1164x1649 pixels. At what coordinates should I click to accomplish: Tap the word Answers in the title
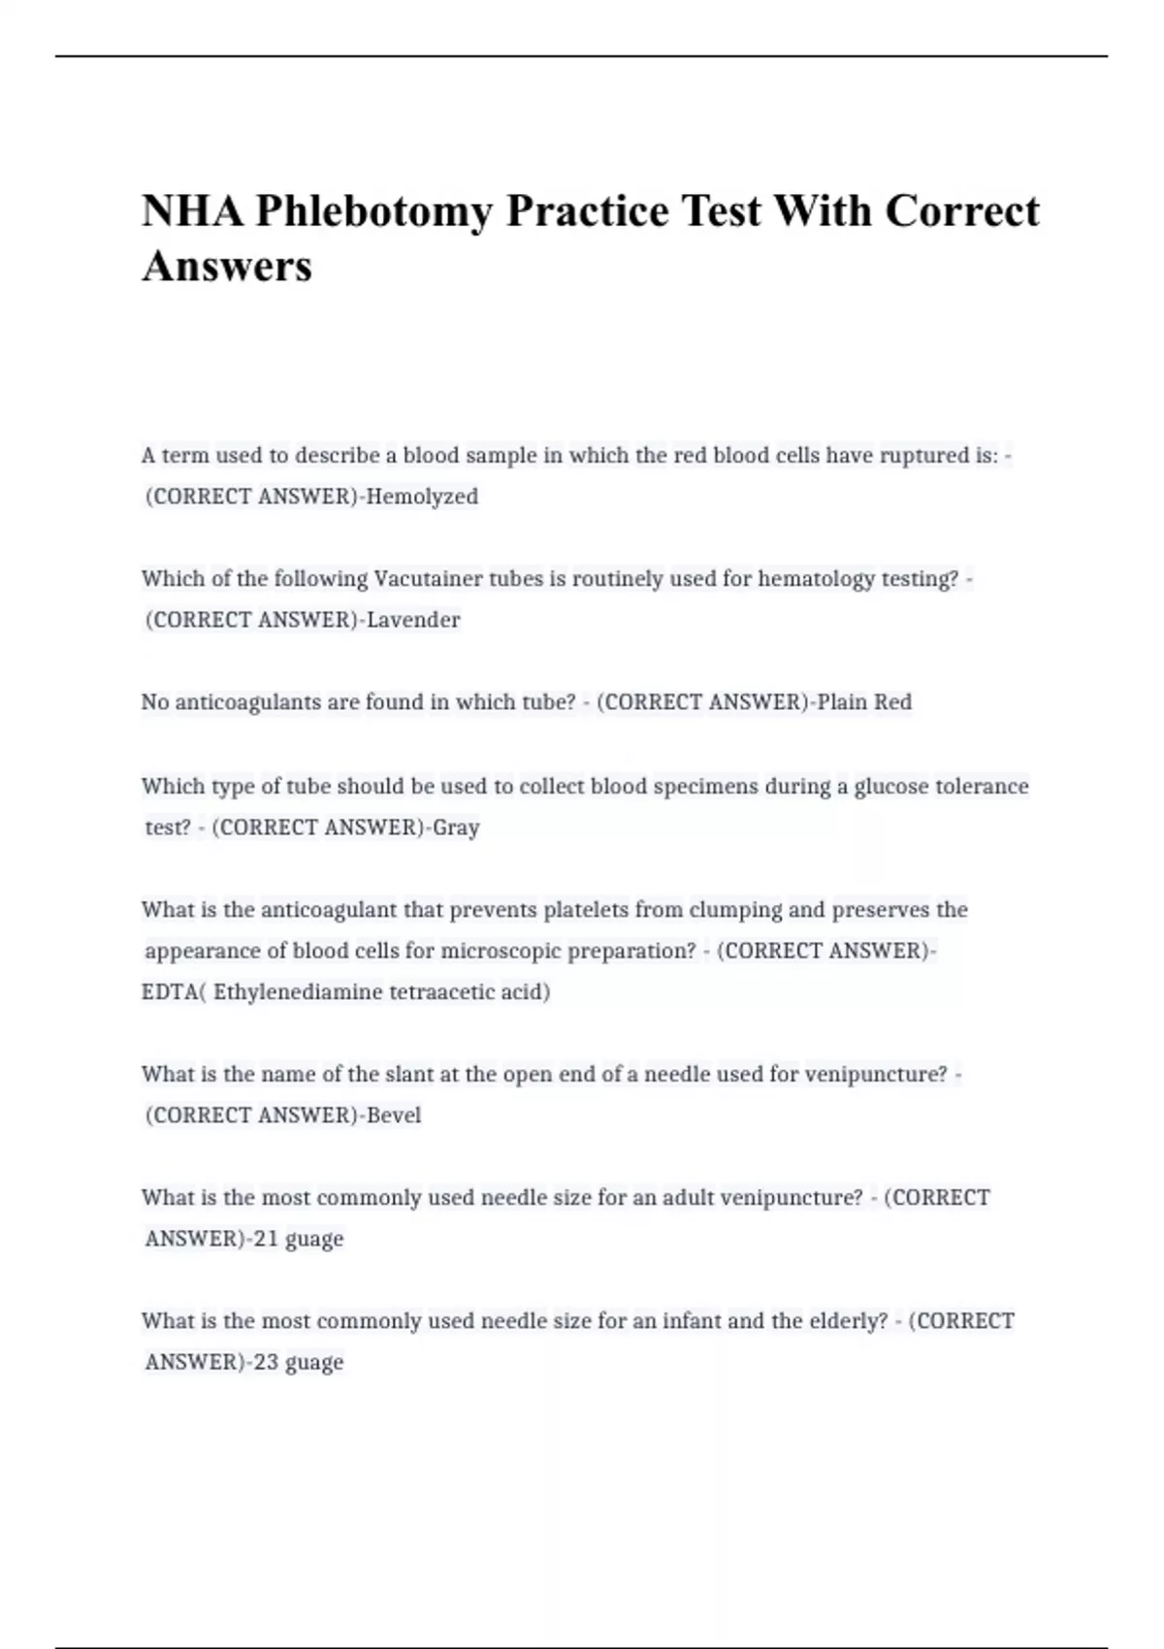click(227, 266)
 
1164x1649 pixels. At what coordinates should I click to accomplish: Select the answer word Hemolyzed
click(422, 497)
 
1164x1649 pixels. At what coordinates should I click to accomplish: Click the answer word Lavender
click(413, 620)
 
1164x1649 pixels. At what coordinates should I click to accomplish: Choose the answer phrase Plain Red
click(864, 702)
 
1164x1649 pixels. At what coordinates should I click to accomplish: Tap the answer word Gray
click(456, 827)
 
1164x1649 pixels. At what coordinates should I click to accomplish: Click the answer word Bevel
click(394, 1115)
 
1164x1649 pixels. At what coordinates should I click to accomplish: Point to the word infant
click(693, 1321)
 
